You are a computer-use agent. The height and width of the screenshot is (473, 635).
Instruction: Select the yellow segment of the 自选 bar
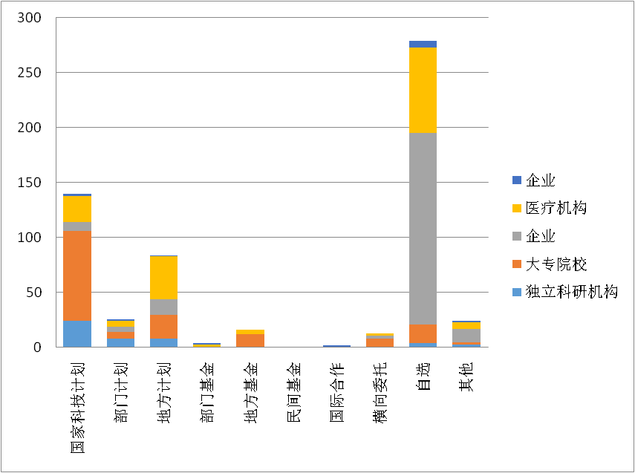coord(423,90)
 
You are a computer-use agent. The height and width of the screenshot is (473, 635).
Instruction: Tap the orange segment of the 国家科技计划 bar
coord(77,275)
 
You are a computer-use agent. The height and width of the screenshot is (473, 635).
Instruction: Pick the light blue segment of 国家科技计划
coord(77,333)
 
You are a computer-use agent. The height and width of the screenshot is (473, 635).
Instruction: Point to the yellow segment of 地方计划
coord(163,278)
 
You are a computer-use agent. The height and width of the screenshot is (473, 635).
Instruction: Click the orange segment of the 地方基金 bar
coord(250,340)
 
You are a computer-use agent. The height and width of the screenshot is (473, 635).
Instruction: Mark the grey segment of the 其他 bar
coord(466,336)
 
